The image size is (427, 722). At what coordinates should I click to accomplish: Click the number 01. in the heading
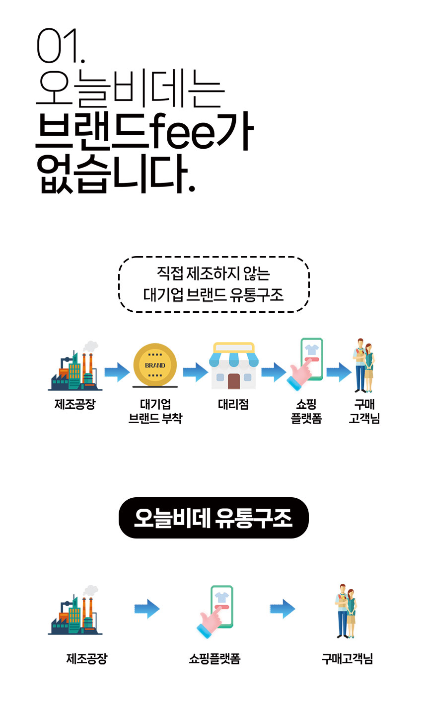[x=61, y=46]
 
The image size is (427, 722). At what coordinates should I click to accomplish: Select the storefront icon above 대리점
[x=234, y=365]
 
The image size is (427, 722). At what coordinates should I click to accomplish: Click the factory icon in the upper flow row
[x=75, y=366]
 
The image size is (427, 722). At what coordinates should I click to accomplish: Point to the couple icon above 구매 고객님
[x=364, y=365]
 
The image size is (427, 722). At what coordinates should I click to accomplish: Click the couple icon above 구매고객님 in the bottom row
[x=346, y=611]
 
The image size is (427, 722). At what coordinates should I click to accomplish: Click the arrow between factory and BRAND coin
[x=117, y=372]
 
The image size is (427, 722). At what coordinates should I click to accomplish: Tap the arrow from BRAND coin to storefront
[x=196, y=372]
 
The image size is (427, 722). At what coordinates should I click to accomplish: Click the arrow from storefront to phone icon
[x=274, y=372]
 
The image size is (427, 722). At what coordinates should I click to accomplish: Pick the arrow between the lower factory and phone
[x=147, y=609]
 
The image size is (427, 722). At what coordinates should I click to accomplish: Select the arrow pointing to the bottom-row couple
[x=283, y=609]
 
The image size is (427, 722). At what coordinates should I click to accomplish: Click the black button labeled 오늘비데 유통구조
[x=213, y=518]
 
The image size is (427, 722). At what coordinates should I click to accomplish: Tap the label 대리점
[x=234, y=404]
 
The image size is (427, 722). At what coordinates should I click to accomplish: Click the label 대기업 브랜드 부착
[x=155, y=411]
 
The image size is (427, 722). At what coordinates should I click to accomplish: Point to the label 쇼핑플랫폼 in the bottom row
[x=214, y=659]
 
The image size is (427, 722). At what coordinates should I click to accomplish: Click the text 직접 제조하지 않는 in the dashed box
[x=213, y=273]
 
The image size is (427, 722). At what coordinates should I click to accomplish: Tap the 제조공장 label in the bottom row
[x=87, y=659]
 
